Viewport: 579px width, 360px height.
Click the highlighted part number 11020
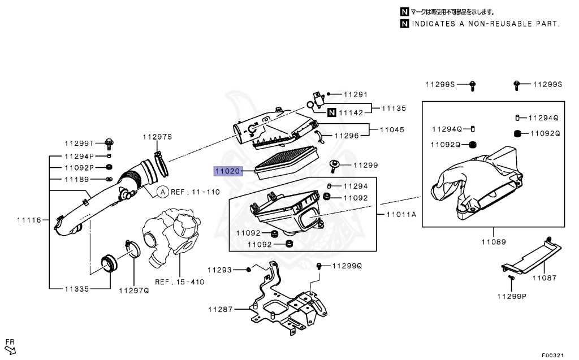[x=227, y=170]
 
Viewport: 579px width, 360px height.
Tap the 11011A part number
[x=401, y=214]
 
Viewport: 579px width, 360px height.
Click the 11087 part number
[x=543, y=277]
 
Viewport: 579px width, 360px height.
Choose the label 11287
[x=221, y=309]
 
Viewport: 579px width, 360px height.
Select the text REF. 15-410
[x=180, y=282]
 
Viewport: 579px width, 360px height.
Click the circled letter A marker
[x=162, y=192]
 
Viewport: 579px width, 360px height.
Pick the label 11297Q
[x=133, y=291]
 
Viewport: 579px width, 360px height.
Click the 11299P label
[x=512, y=296]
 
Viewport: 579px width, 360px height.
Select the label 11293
[x=221, y=270]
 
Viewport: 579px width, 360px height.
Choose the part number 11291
[x=356, y=94]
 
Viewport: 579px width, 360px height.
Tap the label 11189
[x=76, y=179]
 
